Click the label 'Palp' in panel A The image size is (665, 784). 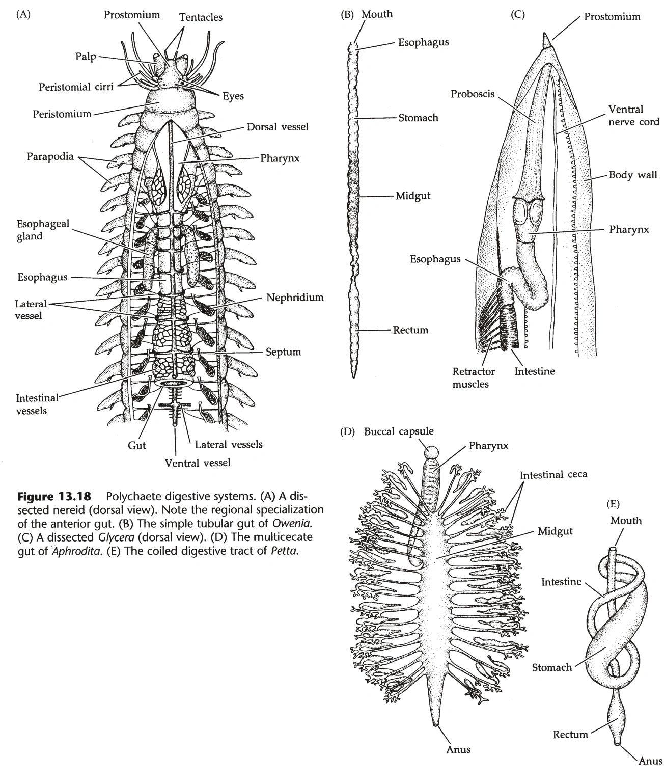[86, 57]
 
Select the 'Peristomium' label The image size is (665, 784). [62, 114]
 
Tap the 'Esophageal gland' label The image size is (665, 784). [36, 230]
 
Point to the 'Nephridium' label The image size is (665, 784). [295, 298]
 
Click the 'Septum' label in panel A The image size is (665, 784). [283, 352]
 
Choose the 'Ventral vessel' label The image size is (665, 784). [198, 463]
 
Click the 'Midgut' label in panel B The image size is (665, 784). [413, 196]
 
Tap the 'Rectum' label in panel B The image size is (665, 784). [410, 330]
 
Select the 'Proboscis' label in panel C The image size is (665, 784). [473, 94]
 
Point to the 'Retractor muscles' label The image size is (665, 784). [474, 377]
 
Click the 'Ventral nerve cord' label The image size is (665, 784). [633, 115]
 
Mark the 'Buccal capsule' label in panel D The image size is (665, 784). [399, 431]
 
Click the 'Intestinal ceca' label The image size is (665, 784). [553, 475]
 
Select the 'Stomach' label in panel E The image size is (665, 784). [552, 667]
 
